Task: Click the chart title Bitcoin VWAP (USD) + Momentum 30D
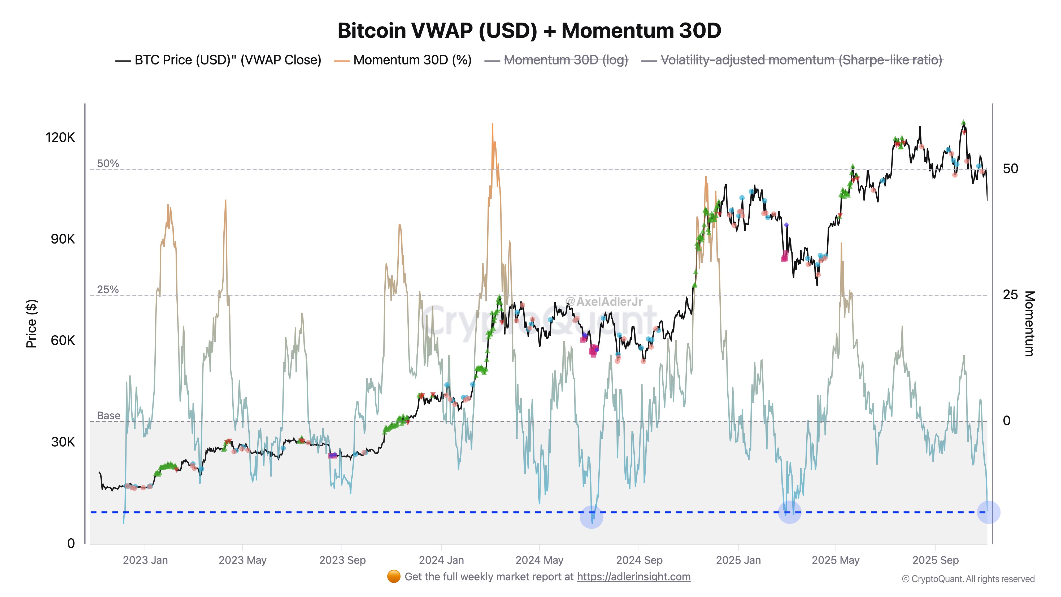[x=529, y=31]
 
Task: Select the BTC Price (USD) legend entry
[x=227, y=60]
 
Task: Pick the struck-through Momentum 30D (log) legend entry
[x=566, y=60]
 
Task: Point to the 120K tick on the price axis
[x=60, y=137]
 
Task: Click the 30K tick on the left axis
[x=63, y=442]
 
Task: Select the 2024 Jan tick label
[x=441, y=560]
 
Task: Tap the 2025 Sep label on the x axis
[x=935, y=560]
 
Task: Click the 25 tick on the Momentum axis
[x=1010, y=295]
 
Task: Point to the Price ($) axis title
[x=31, y=324]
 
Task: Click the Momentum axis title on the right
[x=1029, y=324]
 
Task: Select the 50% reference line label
[x=108, y=163]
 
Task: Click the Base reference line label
[x=108, y=416]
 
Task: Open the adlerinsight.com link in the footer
[x=633, y=577]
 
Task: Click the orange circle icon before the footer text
[x=394, y=577]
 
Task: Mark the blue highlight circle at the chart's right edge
[x=988, y=512]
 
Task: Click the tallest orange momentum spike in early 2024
[x=492, y=126]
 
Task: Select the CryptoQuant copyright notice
[x=968, y=579]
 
